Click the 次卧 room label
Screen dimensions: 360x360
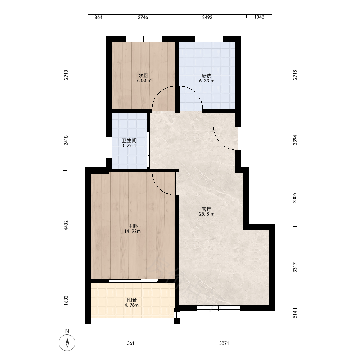pos(144,76)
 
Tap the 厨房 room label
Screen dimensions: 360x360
pos(206,76)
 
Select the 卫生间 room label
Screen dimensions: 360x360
pos(129,140)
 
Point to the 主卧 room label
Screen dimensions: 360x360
pos(133,226)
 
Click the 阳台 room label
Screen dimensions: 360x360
pos(132,300)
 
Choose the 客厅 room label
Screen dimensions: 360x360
pos(206,209)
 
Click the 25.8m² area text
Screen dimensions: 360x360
pos(206,214)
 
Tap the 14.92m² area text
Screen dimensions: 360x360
pos(133,231)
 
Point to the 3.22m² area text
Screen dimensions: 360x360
pos(129,145)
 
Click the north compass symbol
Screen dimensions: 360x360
pos(67,343)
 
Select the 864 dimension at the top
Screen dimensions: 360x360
pos(98,17)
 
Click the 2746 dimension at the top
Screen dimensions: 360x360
pos(143,17)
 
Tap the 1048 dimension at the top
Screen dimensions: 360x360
pos(259,17)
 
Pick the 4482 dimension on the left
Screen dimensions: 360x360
pos(66,225)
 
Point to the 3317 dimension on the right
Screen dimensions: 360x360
pos(295,267)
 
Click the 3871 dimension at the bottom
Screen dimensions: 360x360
pos(224,343)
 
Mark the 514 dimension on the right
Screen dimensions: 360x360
pos(295,315)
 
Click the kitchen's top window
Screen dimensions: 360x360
pos(209,39)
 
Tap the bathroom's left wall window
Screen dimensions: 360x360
pos(109,148)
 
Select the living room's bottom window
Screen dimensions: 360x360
pos(219,309)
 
